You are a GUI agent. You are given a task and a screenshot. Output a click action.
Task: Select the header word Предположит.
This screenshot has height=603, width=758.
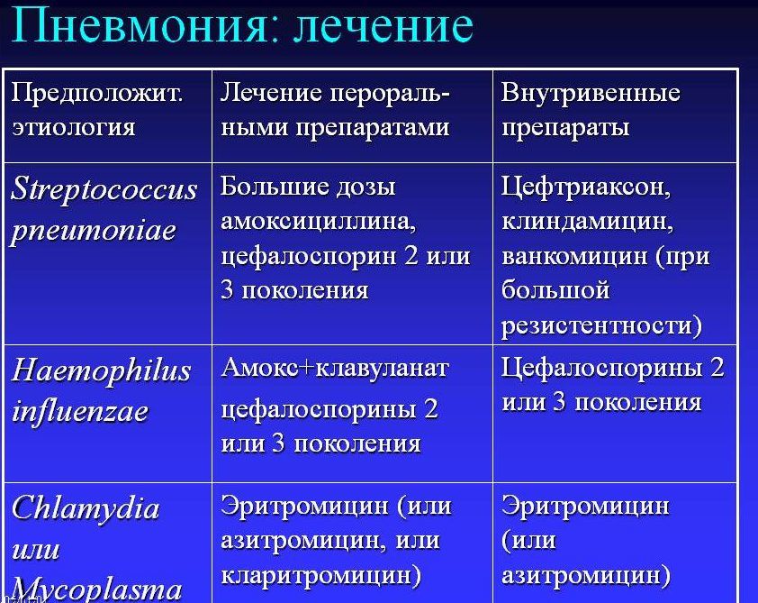96,93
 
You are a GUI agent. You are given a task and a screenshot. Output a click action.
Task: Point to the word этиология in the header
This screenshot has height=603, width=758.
73,126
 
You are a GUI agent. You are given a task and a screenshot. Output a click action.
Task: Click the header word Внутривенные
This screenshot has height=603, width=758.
591,93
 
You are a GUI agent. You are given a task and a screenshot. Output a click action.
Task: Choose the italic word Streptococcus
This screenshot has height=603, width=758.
104,190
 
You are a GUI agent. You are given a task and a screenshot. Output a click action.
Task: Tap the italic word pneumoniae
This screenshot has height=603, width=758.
93,231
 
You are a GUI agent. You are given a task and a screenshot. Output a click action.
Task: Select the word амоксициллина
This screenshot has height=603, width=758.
317,222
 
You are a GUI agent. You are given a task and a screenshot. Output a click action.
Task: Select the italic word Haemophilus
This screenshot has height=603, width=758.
101,370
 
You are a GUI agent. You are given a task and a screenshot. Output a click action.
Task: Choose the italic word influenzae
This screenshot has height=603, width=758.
80,411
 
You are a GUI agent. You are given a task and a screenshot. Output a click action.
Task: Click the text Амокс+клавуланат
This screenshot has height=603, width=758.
335,368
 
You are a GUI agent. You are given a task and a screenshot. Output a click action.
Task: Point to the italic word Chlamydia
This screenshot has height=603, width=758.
86,507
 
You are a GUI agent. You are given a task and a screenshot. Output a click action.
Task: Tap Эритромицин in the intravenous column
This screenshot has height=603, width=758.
585,505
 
